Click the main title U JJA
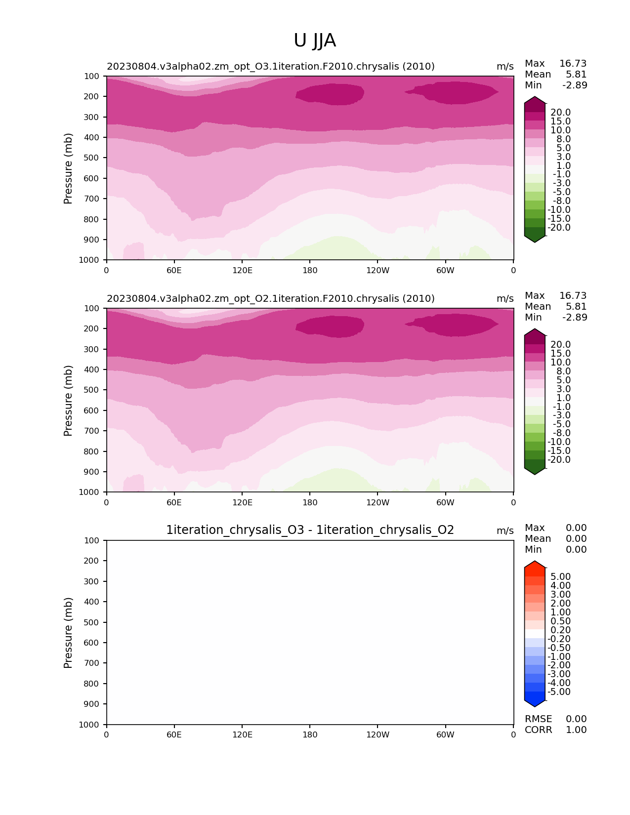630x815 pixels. pos(315,41)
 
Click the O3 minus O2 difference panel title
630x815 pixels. pos(310,530)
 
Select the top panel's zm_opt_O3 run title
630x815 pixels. pos(271,66)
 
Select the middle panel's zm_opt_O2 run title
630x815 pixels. pos(271,298)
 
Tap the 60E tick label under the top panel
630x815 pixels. pos(174,270)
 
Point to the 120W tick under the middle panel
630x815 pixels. pos(378,502)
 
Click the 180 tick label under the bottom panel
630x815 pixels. pos(310,734)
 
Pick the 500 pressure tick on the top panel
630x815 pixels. pos(92,158)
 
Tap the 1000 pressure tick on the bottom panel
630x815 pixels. pos(89,725)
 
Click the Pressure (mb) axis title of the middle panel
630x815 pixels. pos(68,401)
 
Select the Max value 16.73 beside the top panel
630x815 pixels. pos(573,63)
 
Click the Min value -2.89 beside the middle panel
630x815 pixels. pos(575,317)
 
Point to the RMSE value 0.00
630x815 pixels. pos(576,719)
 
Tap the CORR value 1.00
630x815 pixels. pos(576,730)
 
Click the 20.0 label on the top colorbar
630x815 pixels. pos(560,112)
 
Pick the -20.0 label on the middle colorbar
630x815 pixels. pos(559,459)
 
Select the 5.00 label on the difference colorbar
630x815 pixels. pos(560,576)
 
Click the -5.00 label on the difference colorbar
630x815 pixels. pos(559,692)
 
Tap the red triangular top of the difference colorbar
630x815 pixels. pos(535,568)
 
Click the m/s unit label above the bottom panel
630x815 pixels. pos(505,530)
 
